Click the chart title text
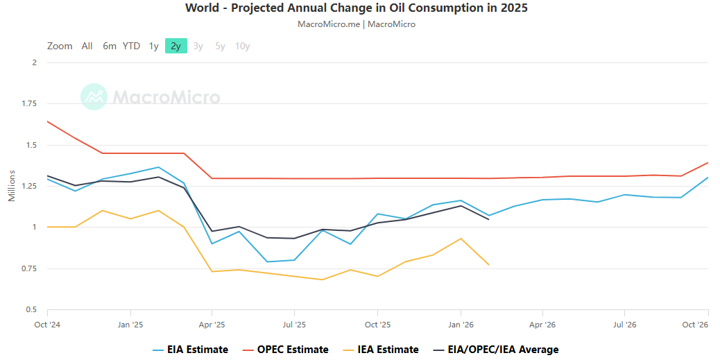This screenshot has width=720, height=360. click(357, 8)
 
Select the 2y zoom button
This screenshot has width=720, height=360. click(176, 46)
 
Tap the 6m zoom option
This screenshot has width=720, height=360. click(110, 46)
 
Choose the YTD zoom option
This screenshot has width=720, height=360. click(131, 46)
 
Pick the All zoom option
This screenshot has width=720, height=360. click(87, 46)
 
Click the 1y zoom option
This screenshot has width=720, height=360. click(154, 46)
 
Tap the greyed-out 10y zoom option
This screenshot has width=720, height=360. click(243, 46)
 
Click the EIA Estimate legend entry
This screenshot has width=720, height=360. click(191, 350)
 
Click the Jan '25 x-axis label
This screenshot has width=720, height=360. click(131, 325)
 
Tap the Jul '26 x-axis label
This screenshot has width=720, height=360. click(625, 325)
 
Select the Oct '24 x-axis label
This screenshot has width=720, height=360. click(48, 325)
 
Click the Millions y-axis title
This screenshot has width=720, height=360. click(12, 186)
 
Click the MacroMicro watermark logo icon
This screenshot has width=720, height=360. click(94, 97)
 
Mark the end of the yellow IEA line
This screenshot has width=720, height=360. click(488, 264)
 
